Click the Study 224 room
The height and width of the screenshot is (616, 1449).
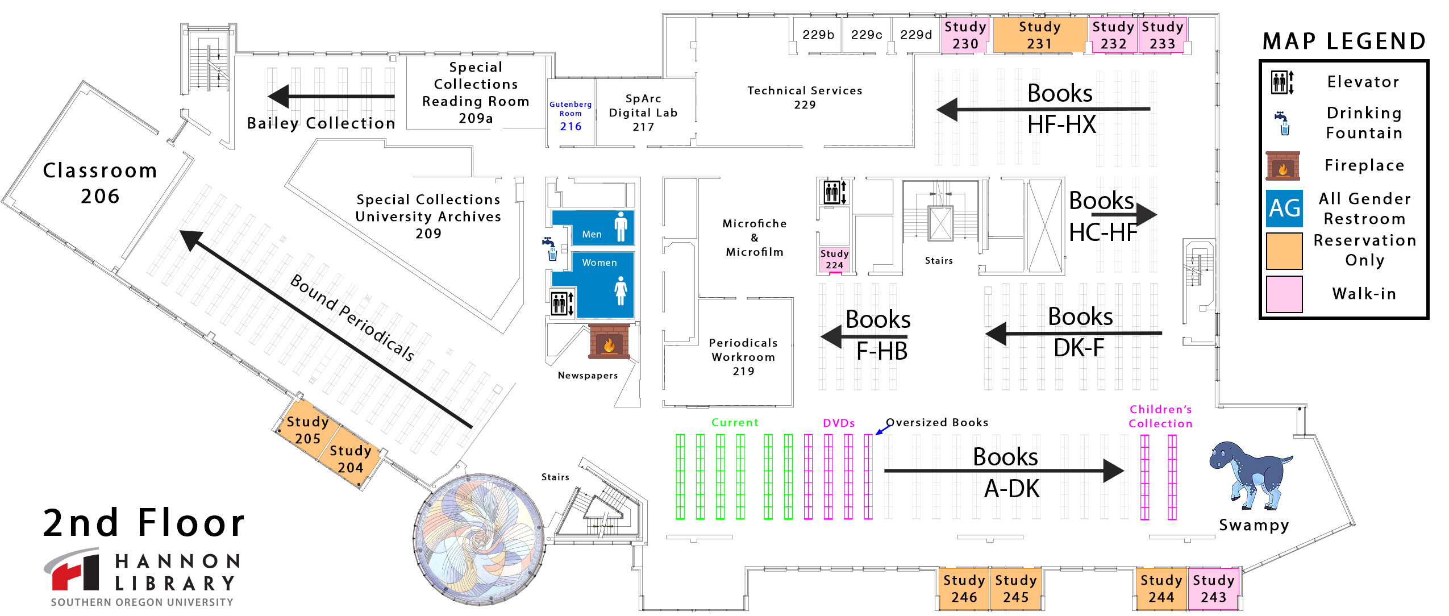point(834,260)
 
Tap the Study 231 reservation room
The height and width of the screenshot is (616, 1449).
point(1039,35)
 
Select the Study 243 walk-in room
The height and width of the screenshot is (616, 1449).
point(1213,589)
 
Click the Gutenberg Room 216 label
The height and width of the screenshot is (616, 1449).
point(571,117)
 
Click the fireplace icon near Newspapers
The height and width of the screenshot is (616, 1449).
point(609,342)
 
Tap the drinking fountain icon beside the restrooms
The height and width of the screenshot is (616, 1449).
point(550,249)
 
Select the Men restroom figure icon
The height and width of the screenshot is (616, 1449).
point(621,226)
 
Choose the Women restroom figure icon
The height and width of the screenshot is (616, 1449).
point(621,290)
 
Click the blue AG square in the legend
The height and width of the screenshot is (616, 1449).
point(1284,209)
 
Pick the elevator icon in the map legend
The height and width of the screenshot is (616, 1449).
point(1283,82)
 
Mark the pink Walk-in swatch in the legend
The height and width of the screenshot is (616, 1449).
point(1284,294)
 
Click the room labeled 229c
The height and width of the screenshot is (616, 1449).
point(866,35)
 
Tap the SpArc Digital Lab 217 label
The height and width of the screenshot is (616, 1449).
point(643,113)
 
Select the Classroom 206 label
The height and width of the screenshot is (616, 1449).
point(100,183)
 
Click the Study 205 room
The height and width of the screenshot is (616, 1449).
point(307,430)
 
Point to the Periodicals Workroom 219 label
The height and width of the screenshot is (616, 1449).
point(743,357)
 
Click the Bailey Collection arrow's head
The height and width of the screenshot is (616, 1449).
point(278,96)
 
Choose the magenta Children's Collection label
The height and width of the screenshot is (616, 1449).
point(1160,416)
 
